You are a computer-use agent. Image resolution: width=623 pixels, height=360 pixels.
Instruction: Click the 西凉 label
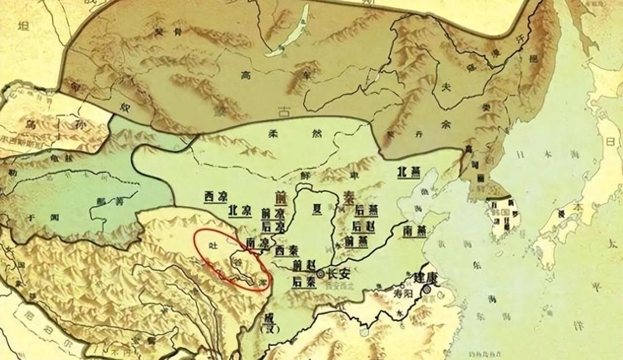click(215, 197)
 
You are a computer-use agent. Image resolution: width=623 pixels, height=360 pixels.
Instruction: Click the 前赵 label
click(304, 265)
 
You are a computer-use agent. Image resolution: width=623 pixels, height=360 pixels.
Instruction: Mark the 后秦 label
click(303, 282)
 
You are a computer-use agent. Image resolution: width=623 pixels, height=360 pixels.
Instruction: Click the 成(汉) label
click(269, 323)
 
